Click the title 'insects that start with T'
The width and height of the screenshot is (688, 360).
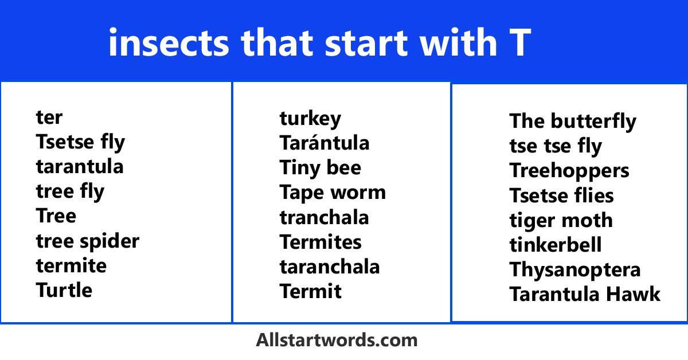tap(319, 42)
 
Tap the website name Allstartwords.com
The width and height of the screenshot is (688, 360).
tap(337, 340)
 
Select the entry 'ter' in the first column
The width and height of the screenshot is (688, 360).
tap(49, 118)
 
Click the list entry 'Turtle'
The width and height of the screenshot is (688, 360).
tap(64, 290)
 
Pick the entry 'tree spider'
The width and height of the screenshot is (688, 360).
tap(87, 241)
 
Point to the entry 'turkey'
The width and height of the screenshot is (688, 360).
tap(310, 119)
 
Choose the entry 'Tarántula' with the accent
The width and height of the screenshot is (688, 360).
tap(324, 143)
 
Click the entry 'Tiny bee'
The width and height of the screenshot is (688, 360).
tap(320, 168)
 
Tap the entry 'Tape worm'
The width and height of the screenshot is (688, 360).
tap(333, 193)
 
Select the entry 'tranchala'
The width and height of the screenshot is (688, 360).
tap(324, 218)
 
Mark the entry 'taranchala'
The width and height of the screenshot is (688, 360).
tap(329, 267)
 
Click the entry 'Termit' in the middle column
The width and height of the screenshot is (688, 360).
tap(310, 291)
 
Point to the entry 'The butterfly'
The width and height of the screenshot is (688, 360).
tap(572, 122)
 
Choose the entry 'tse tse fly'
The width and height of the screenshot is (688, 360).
tap(555, 146)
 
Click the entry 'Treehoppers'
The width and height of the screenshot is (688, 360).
tap(569, 171)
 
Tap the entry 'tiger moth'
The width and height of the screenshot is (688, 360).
tap(561, 220)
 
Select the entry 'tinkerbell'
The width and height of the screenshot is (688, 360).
tap(555, 245)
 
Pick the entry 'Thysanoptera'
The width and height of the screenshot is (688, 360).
tap(574, 269)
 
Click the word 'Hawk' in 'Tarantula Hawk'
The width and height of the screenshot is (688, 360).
tap(634, 294)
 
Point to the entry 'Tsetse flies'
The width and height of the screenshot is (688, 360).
tap(561, 195)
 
